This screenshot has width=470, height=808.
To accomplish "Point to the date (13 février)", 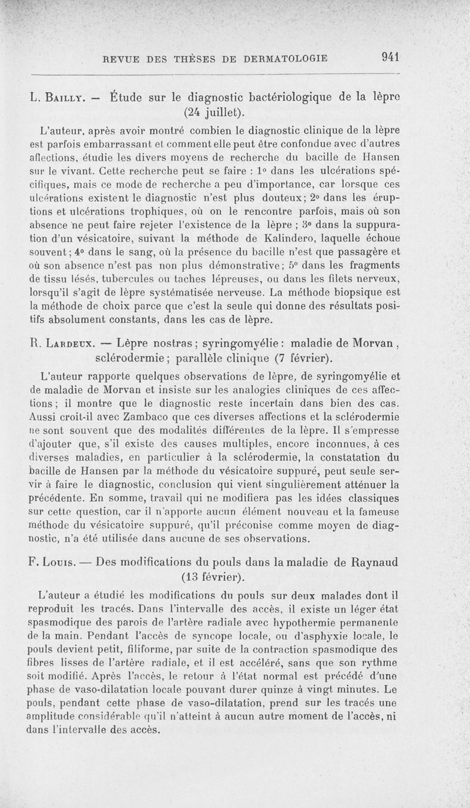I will [x=214, y=577].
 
